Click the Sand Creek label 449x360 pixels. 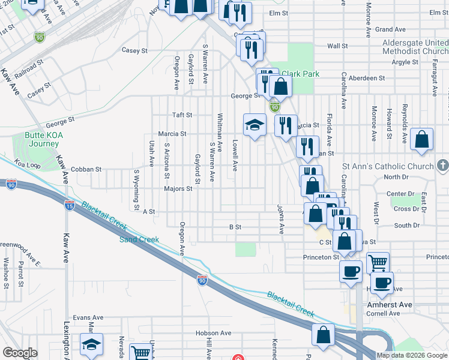139,239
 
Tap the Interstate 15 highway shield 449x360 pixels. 70,205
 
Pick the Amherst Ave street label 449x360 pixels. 389,305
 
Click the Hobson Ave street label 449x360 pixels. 213,333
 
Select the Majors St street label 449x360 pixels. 178,188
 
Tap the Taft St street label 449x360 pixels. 181,115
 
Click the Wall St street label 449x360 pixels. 337,46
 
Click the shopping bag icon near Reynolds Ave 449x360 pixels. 422,139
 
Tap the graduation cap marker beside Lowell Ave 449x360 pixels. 255,125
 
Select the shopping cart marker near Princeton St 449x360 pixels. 378,262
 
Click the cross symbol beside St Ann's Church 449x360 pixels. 442,164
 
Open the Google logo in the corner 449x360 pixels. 20,353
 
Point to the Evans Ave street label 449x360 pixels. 88,317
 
